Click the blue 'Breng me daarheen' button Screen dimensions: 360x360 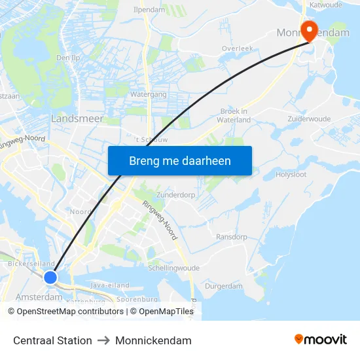[180, 160]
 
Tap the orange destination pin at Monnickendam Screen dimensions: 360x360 [307, 29]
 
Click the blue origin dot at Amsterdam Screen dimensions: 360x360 [50, 278]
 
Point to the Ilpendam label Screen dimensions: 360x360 [149, 10]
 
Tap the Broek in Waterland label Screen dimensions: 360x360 [235, 115]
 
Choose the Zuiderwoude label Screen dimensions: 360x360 [309, 119]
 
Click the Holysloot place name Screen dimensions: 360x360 [291, 175]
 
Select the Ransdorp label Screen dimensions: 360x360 [231, 236]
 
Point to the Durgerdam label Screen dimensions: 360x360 [224, 286]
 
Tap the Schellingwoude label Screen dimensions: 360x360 [173, 268]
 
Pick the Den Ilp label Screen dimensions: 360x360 [67, 58]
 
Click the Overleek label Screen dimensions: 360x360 [237, 48]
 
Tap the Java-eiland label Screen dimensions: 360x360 [110, 285]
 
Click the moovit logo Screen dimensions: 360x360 [320, 340]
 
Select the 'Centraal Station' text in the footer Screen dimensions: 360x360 [52, 340]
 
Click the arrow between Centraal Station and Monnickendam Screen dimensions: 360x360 [103, 340]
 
